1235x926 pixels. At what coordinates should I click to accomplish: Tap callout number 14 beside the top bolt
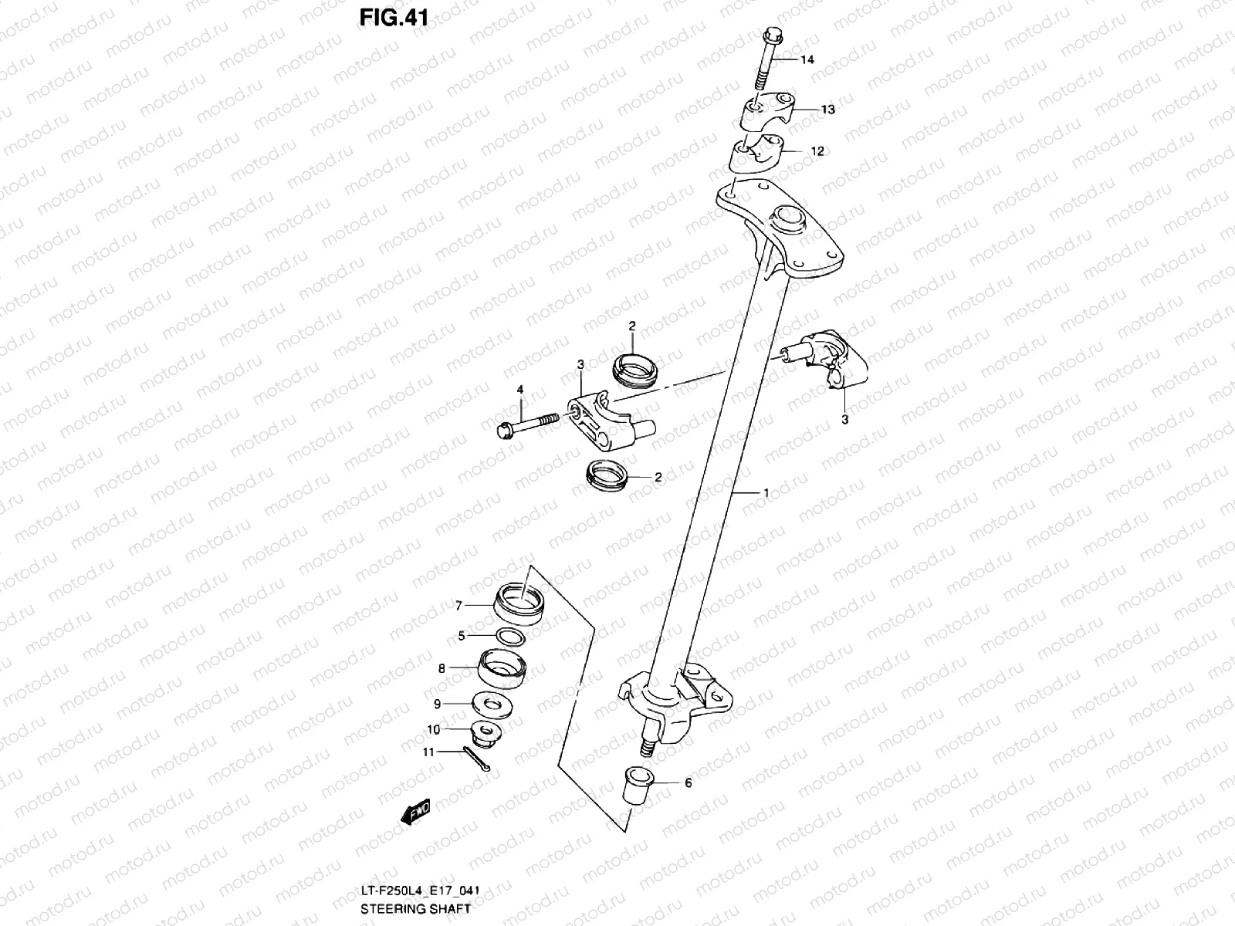(x=806, y=60)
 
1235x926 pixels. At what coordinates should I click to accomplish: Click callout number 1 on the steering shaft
(x=765, y=492)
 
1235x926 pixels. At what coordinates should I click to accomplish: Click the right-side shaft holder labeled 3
(x=832, y=359)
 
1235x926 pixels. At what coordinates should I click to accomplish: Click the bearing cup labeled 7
(x=520, y=603)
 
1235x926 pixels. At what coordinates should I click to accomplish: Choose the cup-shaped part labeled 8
(x=502, y=667)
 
